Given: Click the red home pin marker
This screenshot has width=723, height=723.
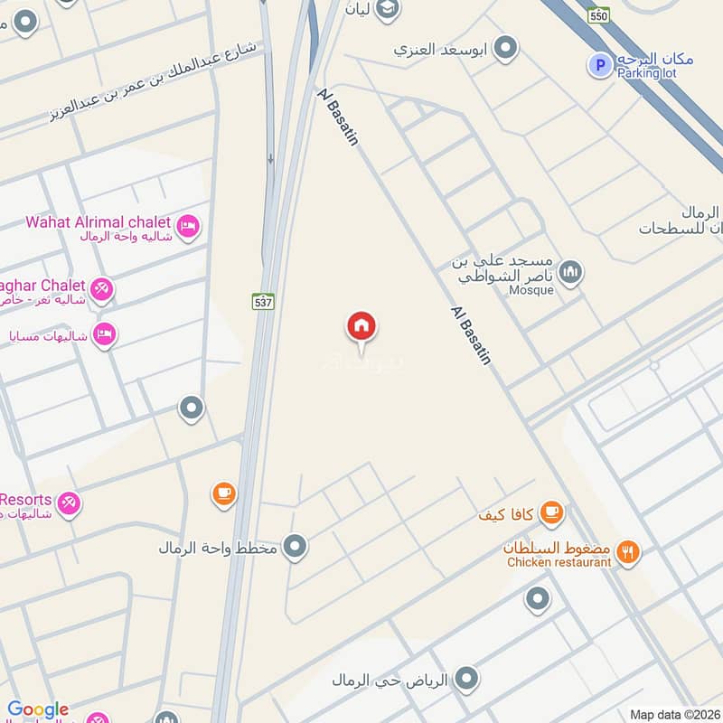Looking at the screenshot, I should pyautogui.click(x=361, y=326).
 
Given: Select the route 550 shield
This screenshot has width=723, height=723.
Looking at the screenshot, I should pyautogui.click(x=597, y=16).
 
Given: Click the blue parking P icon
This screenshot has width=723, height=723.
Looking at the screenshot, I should pyautogui.click(x=596, y=64).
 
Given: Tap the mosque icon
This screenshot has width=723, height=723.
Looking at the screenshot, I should pyautogui.click(x=570, y=270).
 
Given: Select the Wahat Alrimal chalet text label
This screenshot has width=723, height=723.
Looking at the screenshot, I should pyautogui.click(x=98, y=221).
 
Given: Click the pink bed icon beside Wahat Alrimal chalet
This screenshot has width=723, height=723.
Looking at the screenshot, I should pyautogui.click(x=188, y=226).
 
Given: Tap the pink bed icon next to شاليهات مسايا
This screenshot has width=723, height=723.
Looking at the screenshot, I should pyautogui.click(x=105, y=334).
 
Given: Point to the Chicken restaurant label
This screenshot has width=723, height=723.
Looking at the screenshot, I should pyautogui.click(x=559, y=562).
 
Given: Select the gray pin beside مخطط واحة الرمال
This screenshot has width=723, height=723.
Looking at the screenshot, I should pyautogui.click(x=294, y=546).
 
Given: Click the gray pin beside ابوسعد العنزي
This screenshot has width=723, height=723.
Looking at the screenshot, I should pyautogui.click(x=506, y=47).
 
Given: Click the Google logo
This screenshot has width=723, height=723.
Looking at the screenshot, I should pyautogui.click(x=38, y=709).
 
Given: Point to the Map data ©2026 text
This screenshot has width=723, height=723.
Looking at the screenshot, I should pyautogui.click(x=675, y=715).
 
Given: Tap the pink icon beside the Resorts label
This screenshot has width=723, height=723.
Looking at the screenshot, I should pyautogui.click(x=69, y=503).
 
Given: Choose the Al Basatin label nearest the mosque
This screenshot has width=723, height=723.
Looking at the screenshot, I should pyautogui.click(x=471, y=334).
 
